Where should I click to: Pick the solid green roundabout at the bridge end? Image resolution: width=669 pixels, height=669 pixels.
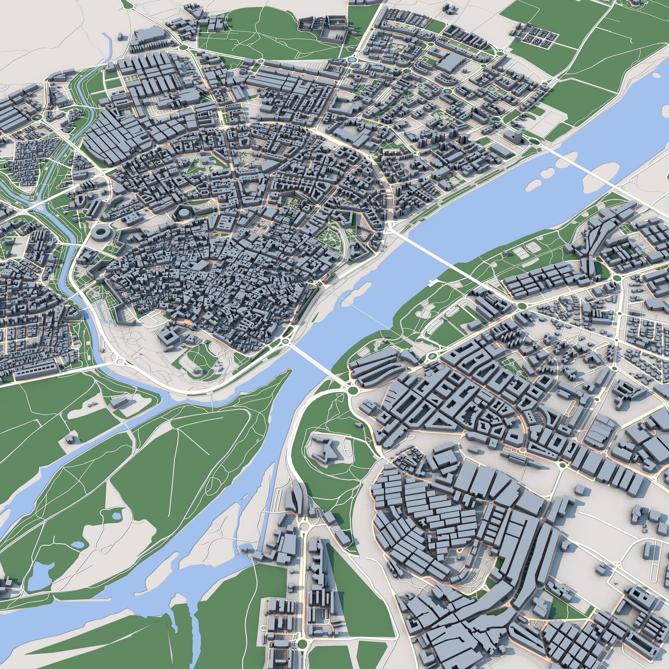[353, 391]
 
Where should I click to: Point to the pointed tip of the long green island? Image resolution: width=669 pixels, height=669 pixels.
[289, 371]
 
